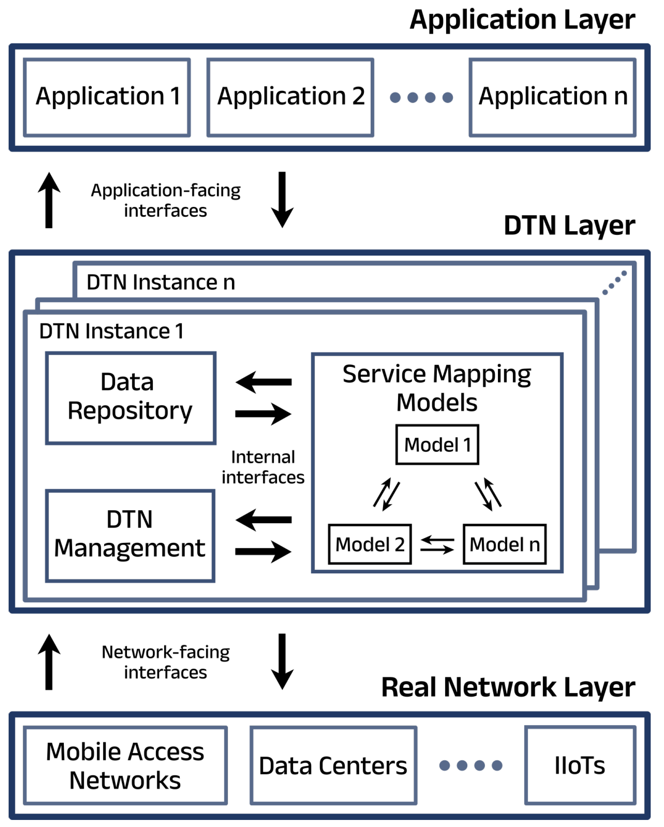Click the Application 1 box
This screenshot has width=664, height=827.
(107, 97)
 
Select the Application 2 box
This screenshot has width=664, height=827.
(290, 97)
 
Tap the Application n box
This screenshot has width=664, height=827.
(552, 97)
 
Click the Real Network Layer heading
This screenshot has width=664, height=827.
(508, 687)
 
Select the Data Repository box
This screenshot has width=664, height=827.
(130, 398)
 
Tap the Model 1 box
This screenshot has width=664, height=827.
(437, 444)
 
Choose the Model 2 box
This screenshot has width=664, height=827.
(370, 544)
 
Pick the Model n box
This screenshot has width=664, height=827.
(505, 544)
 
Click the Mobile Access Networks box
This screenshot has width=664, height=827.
(125, 765)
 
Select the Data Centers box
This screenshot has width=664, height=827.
(333, 765)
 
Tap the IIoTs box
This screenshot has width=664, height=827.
(580, 765)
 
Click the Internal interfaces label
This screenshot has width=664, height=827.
(263, 467)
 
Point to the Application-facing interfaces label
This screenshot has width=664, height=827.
(166, 200)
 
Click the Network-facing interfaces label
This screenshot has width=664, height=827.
(166, 662)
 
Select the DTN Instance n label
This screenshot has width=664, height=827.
(161, 282)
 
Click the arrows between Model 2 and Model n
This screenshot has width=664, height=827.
(437, 545)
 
